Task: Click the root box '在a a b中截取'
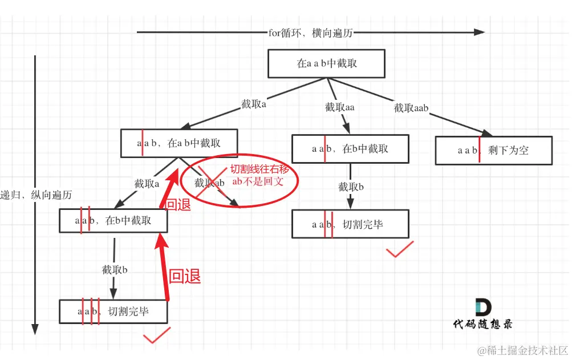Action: tap(327, 63)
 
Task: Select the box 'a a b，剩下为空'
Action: tap(493, 151)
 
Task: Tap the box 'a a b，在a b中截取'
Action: tap(179, 144)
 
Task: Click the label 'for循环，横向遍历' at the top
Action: tap(311, 33)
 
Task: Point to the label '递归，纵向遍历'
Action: tap(37, 195)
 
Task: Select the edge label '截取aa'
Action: tap(340, 107)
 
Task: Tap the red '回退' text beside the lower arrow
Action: tap(185, 277)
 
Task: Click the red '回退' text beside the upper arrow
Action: tap(178, 204)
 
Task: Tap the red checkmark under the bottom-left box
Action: tap(157, 335)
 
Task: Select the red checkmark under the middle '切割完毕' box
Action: tap(400, 249)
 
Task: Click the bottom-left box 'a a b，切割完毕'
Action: tap(113, 312)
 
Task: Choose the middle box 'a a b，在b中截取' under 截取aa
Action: tap(350, 149)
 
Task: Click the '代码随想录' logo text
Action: tap(482, 324)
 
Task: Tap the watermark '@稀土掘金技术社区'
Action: tap(522, 349)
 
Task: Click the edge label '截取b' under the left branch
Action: tap(115, 270)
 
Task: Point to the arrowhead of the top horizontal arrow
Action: tap(480, 33)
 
